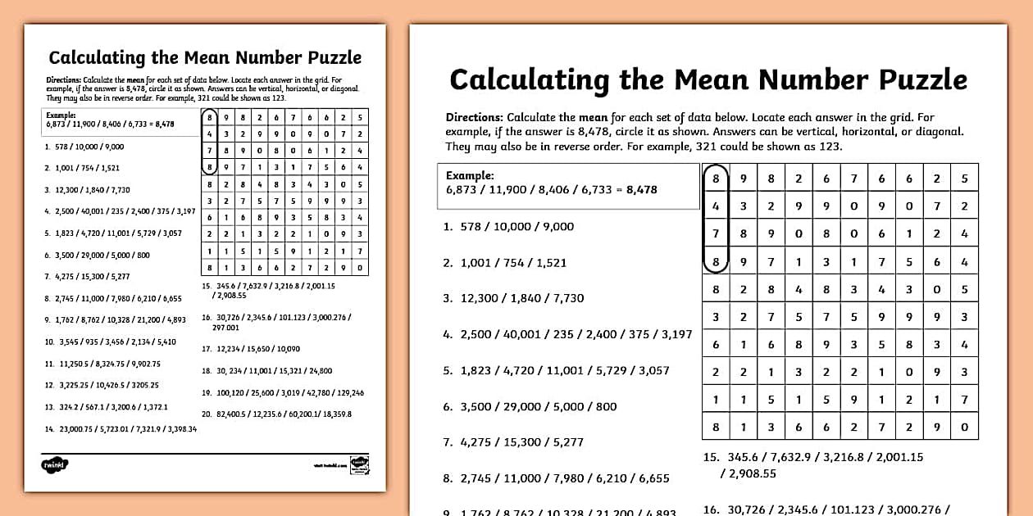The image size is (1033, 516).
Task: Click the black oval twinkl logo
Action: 56,464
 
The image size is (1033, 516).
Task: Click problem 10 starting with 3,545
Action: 110,342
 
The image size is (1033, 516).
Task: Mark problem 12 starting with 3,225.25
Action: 102,385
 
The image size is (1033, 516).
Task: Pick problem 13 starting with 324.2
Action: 106,407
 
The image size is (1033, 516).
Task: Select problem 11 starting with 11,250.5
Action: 102,364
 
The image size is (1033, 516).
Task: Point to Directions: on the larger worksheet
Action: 474,118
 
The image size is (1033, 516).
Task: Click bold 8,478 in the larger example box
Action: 641,189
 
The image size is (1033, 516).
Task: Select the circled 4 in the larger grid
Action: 716,206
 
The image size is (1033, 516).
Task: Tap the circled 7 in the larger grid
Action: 716,233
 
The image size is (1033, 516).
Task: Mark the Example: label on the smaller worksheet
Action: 61,115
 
